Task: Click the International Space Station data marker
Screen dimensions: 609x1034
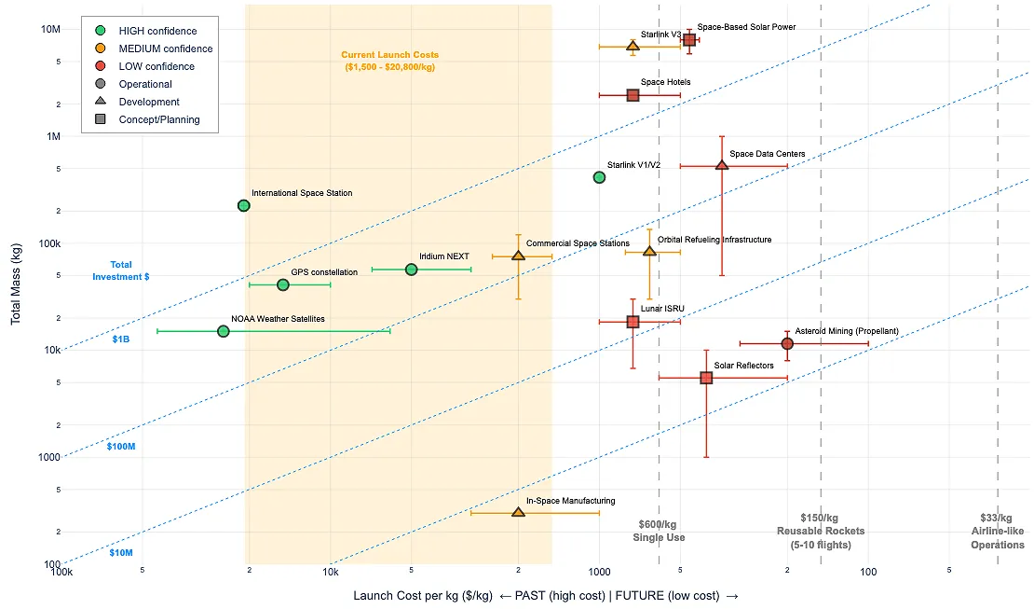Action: [243, 205]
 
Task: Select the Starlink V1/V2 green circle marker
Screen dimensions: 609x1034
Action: [599, 177]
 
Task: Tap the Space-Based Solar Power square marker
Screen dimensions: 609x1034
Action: [689, 39]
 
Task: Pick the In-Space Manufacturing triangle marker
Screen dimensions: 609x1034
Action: [518, 512]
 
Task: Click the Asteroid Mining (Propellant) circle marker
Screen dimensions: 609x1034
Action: [787, 343]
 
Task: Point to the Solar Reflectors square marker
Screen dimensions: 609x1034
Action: [706, 378]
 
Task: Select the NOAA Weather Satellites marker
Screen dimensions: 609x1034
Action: [223, 331]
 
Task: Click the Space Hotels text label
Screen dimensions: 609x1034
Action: [665, 82]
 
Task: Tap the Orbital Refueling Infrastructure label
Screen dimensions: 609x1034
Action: [714, 240]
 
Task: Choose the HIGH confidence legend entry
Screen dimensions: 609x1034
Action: [157, 31]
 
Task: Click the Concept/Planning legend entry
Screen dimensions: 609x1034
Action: [158, 119]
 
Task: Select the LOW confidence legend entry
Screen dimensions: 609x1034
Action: [156, 66]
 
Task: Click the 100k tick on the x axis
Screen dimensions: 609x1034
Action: [61, 571]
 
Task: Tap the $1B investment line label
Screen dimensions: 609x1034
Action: [121, 339]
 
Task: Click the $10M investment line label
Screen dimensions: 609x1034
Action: [121, 553]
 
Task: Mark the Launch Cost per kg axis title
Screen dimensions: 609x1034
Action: [546, 595]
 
